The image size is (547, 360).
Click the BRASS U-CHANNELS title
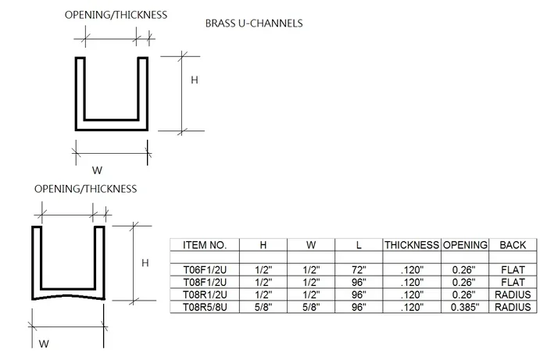click(x=254, y=23)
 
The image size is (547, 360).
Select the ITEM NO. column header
click(x=205, y=245)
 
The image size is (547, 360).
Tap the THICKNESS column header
click(x=412, y=245)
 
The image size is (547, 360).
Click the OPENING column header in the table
click(x=465, y=245)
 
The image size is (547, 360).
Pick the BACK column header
click(x=513, y=245)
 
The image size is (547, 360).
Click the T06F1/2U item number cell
click(x=205, y=269)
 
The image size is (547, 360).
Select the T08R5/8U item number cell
click(x=205, y=307)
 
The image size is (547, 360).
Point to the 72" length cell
click(x=359, y=269)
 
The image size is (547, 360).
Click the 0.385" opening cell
click(x=465, y=307)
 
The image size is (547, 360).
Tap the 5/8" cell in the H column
click(x=263, y=307)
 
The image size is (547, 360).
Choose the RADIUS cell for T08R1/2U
click(x=513, y=295)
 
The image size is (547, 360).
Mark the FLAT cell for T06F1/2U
click(x=513, y=269)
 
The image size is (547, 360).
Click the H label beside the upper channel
click(x=195, y=80)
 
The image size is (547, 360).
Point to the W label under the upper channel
click(x=97, y=170)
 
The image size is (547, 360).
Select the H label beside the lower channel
click(x=145, y=262)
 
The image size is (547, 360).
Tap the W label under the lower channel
click(x=44, y=344)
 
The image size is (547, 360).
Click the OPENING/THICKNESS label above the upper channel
click(x=116, y=15)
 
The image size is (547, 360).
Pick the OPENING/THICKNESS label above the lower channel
click(x=85, y=189)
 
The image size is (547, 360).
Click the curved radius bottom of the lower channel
click(x=68, y=296)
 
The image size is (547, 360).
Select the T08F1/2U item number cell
click(x=205, y=282)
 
